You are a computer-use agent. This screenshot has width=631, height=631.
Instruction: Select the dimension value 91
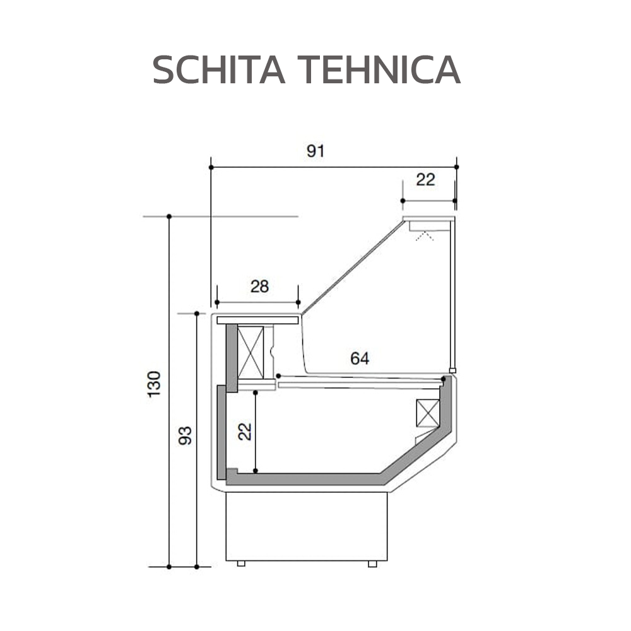click(315, 151)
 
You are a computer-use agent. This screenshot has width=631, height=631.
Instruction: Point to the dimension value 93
click(185, 435)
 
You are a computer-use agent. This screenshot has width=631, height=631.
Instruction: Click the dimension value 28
click(259, 286)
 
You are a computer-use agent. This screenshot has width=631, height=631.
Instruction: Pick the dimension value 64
click(360, 359)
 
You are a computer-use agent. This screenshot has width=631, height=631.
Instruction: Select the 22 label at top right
click(426, 180)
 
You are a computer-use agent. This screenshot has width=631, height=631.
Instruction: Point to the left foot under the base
click(240, 563)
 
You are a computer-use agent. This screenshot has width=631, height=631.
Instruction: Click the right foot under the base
click(372, 563)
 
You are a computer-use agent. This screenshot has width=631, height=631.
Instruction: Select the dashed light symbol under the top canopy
click(424, 236)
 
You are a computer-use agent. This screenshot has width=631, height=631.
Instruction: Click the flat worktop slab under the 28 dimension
click(257, 321)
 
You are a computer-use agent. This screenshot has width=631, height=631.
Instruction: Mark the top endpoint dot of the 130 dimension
click(169, 216)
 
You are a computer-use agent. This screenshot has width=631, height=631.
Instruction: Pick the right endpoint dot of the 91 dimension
click(456, 167)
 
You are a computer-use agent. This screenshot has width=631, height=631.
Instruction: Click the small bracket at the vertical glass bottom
click(452, 370)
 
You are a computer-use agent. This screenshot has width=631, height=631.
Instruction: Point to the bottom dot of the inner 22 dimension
click(255, 471)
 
